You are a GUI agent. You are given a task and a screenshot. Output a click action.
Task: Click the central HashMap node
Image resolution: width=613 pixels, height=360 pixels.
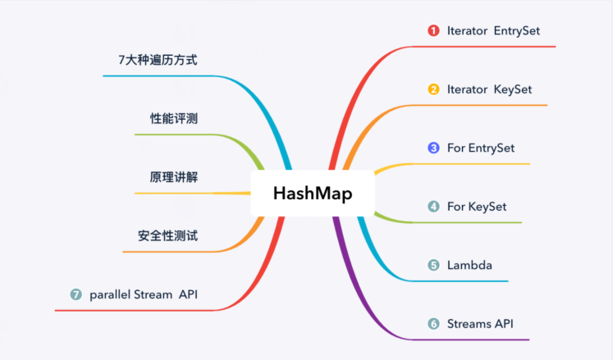pos(312,194)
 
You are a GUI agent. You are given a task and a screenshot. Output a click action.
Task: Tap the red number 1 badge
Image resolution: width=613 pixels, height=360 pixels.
pos(433,31)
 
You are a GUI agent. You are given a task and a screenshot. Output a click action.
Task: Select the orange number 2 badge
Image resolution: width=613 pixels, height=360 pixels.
pos(433,89)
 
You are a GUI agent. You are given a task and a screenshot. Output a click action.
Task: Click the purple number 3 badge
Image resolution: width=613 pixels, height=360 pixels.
pos(433,148)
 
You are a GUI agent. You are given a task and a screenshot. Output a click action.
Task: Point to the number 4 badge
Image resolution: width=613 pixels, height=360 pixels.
pos(433,207)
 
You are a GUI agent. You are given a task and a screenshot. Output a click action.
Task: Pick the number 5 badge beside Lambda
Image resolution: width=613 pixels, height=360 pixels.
pos(433,265)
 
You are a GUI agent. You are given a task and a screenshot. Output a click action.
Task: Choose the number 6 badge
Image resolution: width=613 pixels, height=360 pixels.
pos(433,324)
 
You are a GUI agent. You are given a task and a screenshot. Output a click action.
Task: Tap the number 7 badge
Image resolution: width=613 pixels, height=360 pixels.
pos(76,294)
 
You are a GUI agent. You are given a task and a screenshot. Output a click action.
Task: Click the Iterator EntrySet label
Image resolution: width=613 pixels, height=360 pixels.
pos(493,31)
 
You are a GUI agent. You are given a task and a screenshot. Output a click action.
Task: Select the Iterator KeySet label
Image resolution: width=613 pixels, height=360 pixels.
pos(490,89)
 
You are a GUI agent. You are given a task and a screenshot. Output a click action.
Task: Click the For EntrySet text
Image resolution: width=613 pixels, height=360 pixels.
pos(481,148)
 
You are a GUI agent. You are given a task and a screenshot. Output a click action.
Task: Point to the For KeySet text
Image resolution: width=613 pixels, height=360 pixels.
pos(477,207)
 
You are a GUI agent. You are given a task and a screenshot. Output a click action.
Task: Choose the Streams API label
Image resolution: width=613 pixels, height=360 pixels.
pos(481,324)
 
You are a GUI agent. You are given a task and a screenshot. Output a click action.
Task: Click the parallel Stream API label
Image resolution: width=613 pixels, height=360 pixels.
pos(144,294)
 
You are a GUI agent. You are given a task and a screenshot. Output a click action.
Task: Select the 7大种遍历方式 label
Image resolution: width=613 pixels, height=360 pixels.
pos(158,60)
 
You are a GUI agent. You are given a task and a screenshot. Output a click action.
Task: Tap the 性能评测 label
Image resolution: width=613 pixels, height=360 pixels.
pos(173,119)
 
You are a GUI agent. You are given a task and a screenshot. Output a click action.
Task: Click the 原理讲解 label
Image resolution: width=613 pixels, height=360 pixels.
pos(173,177)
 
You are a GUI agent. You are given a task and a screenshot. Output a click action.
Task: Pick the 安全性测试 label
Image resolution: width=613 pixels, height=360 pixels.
pos(167,236)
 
